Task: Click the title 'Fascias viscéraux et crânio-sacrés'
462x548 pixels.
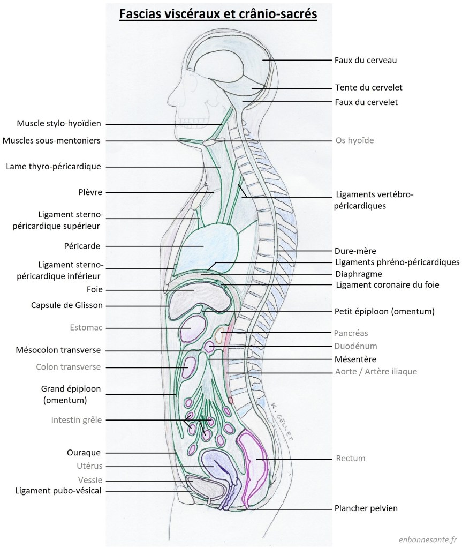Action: pyautogui.click(x=218, y=13)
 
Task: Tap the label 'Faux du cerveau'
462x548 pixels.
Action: pyautogui.click(x=365, y=61)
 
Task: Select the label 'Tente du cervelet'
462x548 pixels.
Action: pyautogui.click(x=368, y=87)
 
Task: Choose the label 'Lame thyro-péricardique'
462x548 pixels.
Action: pyautogui.click(x=54, y=166)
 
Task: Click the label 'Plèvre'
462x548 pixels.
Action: pyautogui.click(x=89, y=192)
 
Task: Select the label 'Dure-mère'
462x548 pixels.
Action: pyautogui.click(x=355, y=250)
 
